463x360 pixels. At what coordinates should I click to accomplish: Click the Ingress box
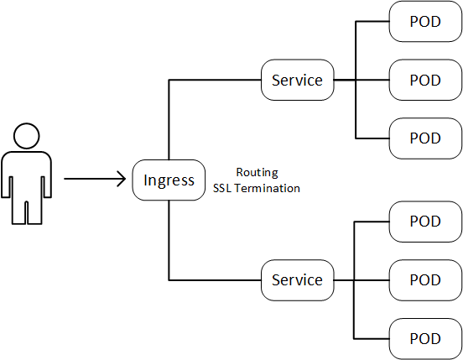coord(169,180)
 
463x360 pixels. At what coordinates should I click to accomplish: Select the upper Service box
coord(297,80)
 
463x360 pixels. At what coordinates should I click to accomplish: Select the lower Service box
coord(297,279)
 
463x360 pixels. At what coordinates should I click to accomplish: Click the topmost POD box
coord(425,21)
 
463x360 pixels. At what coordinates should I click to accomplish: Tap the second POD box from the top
coord(425,80)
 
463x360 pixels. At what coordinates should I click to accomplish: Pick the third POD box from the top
coord(425,138)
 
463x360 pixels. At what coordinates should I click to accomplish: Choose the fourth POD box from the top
coord(425,221)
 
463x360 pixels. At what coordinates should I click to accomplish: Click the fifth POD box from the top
coord(425,279)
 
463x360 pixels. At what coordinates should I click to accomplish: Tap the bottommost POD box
coord(425,338)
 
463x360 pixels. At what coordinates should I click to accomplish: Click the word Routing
coord(256,171)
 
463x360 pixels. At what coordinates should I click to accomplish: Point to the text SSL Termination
coord(256,188)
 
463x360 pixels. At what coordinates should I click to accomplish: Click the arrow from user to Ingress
coord(92,179)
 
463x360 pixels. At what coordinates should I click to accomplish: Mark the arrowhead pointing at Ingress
coord(122,179)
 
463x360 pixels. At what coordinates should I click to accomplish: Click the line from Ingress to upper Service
coord(170,117)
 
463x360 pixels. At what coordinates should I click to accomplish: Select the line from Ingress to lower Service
coord(170,243)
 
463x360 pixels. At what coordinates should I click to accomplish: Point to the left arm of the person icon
coord(8,176)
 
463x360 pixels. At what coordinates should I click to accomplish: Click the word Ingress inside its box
coord(169,180)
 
